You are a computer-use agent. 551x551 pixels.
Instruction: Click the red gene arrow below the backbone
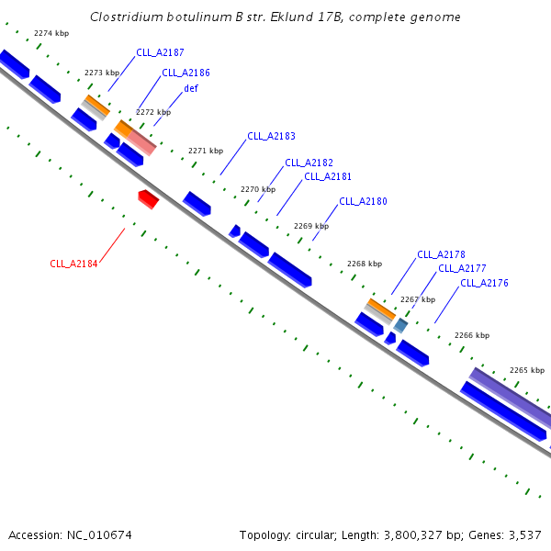(149, 198)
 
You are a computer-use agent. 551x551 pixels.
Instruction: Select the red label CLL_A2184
(73, 264)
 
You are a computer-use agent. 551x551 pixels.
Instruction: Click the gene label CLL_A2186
(186, 72)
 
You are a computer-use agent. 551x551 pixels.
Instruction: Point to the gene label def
(191, 88)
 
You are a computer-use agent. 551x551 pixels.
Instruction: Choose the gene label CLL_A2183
(271, 136)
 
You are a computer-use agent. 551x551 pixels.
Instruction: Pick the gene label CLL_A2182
(309, 163)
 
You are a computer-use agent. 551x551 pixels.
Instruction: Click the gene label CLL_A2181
(328, 176)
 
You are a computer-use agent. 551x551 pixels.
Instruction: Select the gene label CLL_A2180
(363, 201)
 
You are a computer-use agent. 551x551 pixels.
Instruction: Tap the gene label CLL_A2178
(441, 254)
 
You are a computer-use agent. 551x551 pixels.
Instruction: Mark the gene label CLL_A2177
(462, 268)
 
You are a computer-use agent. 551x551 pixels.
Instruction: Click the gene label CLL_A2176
(484, 283)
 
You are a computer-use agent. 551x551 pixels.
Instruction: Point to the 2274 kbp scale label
(51, 33)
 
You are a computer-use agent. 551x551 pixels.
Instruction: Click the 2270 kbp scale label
(258, 189)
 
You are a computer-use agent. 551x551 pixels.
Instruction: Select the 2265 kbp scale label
(527, 370)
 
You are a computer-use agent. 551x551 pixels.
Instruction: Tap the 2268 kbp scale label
(365, 264)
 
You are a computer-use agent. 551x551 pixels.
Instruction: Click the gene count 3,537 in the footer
(524, 534)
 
